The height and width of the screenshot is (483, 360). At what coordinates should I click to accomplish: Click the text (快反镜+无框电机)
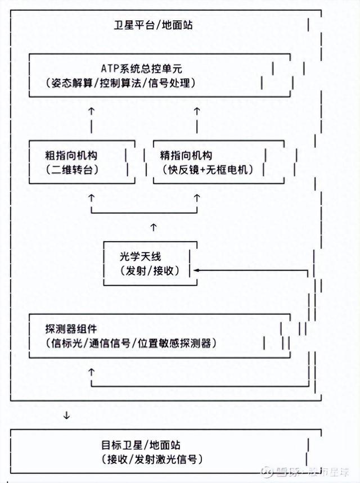coord(207,169)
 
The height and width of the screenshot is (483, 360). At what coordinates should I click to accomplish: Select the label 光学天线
coord(140,256)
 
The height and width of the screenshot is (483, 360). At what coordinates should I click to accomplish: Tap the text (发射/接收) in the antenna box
coord(149,270)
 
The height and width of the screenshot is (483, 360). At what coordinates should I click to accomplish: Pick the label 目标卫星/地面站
coord(139,445)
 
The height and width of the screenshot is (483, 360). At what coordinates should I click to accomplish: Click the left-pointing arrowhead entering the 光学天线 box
coord(197,270)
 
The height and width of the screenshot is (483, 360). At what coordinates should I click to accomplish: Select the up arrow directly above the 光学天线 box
coord(153,226)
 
